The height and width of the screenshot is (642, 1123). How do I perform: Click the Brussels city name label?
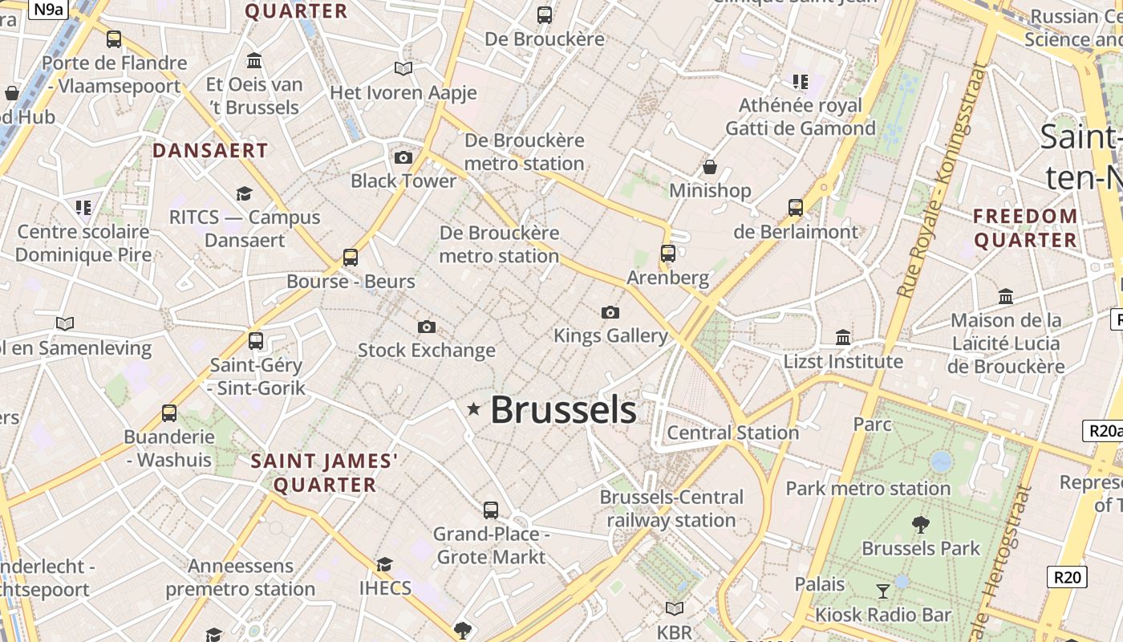(563, 410)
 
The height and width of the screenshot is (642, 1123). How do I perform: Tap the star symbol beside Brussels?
(474, 409)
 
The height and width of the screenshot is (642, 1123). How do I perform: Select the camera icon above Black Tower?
(403, 157)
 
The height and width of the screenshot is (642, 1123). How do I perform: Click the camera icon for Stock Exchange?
(427, 327)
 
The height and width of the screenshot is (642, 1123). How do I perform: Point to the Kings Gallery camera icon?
(610, 312)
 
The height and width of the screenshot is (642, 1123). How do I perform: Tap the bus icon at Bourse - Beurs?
(351, 258)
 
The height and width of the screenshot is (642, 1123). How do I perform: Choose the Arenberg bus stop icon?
(667, 254)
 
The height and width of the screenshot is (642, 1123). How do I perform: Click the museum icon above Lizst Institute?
(843, 337)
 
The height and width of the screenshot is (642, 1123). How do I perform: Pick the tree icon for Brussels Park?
(921, 525)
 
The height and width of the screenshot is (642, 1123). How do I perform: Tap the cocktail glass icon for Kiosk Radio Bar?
(883, 591)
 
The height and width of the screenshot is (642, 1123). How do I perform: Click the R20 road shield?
(1067, 576)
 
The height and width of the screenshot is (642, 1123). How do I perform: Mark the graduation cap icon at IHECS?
(385, 564)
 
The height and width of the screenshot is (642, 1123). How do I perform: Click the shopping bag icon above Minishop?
(710, 167)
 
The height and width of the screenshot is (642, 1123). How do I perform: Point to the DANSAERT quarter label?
(210, 150)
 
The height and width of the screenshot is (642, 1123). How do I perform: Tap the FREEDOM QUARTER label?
(1025, 228)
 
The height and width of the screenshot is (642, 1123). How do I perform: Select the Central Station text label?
(733, 433)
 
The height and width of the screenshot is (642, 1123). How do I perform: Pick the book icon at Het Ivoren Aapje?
(403, 69)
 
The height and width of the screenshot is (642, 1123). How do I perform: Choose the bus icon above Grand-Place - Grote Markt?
(491, 510)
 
